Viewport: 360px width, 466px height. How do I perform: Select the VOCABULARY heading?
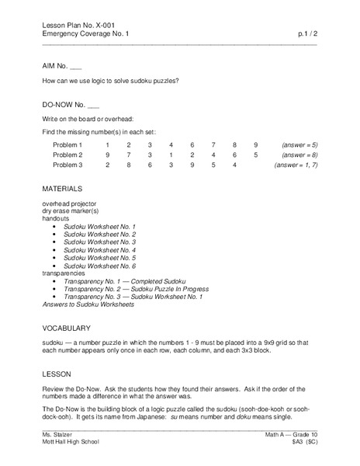click(67, 328)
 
